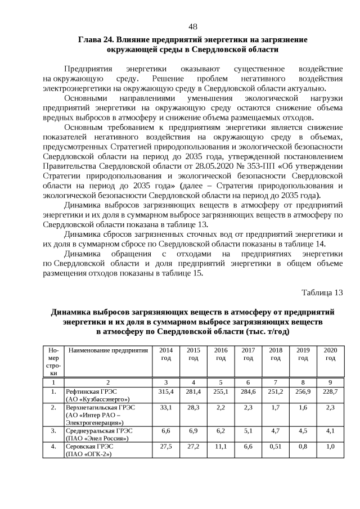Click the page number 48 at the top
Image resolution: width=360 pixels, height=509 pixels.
pos(192,27)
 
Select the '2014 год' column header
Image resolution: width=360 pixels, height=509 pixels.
pos(166,354)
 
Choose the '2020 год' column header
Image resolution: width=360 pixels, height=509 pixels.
pos(330,354)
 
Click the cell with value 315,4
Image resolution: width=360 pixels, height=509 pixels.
pos(166,391)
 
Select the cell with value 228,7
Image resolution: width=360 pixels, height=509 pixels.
pos(330,391)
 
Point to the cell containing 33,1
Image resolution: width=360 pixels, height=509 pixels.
pos(166,407)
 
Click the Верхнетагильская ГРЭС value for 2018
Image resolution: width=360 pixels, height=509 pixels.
pos(276,407)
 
